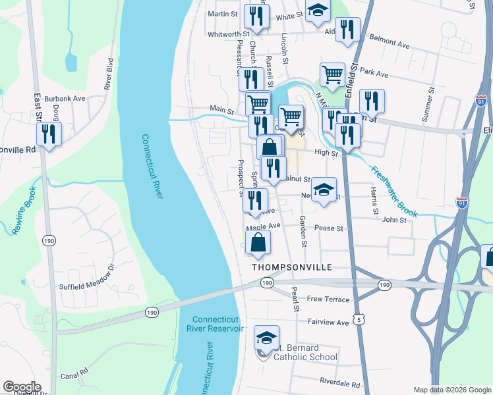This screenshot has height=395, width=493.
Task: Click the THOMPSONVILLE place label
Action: (290, 268)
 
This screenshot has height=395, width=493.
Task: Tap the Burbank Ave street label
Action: (71, 98)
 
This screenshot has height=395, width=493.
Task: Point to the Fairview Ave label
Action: (328, 323)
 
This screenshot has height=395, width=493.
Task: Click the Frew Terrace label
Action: (328, 299)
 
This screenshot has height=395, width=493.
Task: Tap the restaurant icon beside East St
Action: (49, 134)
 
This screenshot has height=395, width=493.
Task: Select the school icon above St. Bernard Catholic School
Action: (266, 338)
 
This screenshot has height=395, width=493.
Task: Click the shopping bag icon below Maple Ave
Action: (258, 243)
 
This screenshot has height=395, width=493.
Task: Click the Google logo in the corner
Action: (22, 387)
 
